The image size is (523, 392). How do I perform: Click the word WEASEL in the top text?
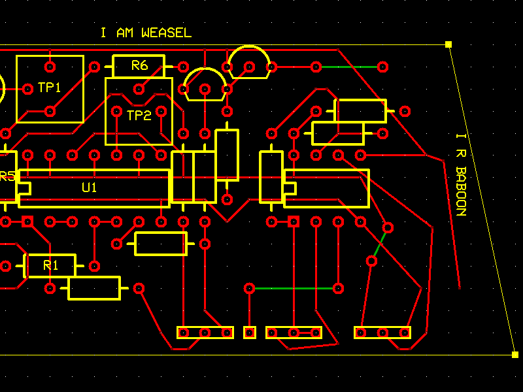[x=167, y=33]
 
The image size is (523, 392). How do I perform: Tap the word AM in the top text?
[x=126, y=33]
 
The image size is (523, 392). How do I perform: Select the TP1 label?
[x=49, y=88]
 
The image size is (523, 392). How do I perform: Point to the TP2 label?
[x=139, y=116]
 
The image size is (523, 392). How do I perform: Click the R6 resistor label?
[x=139, y=65]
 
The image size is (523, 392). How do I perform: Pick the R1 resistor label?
[x=50, y=265]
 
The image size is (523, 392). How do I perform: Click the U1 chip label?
[x=90, y=188]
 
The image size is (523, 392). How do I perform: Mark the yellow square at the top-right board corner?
[x=448, y=44]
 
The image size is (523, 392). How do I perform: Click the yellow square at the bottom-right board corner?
[x=515, y=355]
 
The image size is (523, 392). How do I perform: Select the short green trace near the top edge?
[x=350, y=67]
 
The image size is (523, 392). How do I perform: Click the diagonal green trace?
[x=380, y=244]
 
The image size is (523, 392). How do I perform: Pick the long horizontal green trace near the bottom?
[x=294, y=288]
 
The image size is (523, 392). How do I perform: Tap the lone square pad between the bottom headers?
[x=249, y=333]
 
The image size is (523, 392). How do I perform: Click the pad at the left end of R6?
[x=94, y=67]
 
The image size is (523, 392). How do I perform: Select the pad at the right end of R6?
[x=183, y=67]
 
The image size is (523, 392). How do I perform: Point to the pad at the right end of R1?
[x=94, y=266]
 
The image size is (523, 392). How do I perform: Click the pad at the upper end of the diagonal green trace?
[x=388, y=227]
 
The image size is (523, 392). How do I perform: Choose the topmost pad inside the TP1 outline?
[x=50, y=66]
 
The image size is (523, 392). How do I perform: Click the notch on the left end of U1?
[x=24, y=188]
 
